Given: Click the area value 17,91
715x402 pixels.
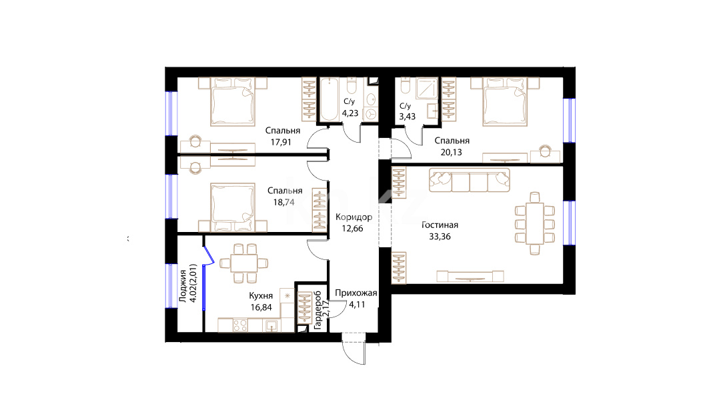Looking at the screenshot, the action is tap(280, 142).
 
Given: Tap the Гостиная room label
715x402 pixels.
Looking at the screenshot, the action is tap(440, 225).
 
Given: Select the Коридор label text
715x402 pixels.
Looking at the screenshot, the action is tap(353, 217).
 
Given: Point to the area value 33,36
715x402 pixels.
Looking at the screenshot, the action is tap(440, 237).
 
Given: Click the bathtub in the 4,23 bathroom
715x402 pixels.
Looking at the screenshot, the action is tap(328, 99).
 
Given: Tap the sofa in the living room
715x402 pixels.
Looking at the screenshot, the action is tap(470, 180).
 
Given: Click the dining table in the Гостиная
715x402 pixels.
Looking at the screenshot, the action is tap(534, 223).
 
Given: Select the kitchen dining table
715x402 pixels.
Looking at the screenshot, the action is tap(244, 263).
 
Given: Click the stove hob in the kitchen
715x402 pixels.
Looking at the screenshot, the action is tap(240, 325).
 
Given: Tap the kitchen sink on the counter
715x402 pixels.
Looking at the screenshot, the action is tap(271, 325).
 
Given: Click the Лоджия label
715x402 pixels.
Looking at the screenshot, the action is tap(183, 286).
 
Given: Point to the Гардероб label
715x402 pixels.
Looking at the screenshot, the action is tap(318, 311).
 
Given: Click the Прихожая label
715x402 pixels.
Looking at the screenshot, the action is tap(356, 293).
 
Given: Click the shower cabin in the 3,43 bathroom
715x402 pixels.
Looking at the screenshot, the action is tap(426, 88).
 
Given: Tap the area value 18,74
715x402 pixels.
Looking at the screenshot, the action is tap(283, 203).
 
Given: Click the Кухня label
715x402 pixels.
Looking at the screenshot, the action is tap(261, 296).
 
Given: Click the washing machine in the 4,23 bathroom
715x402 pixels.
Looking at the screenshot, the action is tap(370, 114).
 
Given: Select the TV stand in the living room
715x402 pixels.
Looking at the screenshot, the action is tap(470, 276).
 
